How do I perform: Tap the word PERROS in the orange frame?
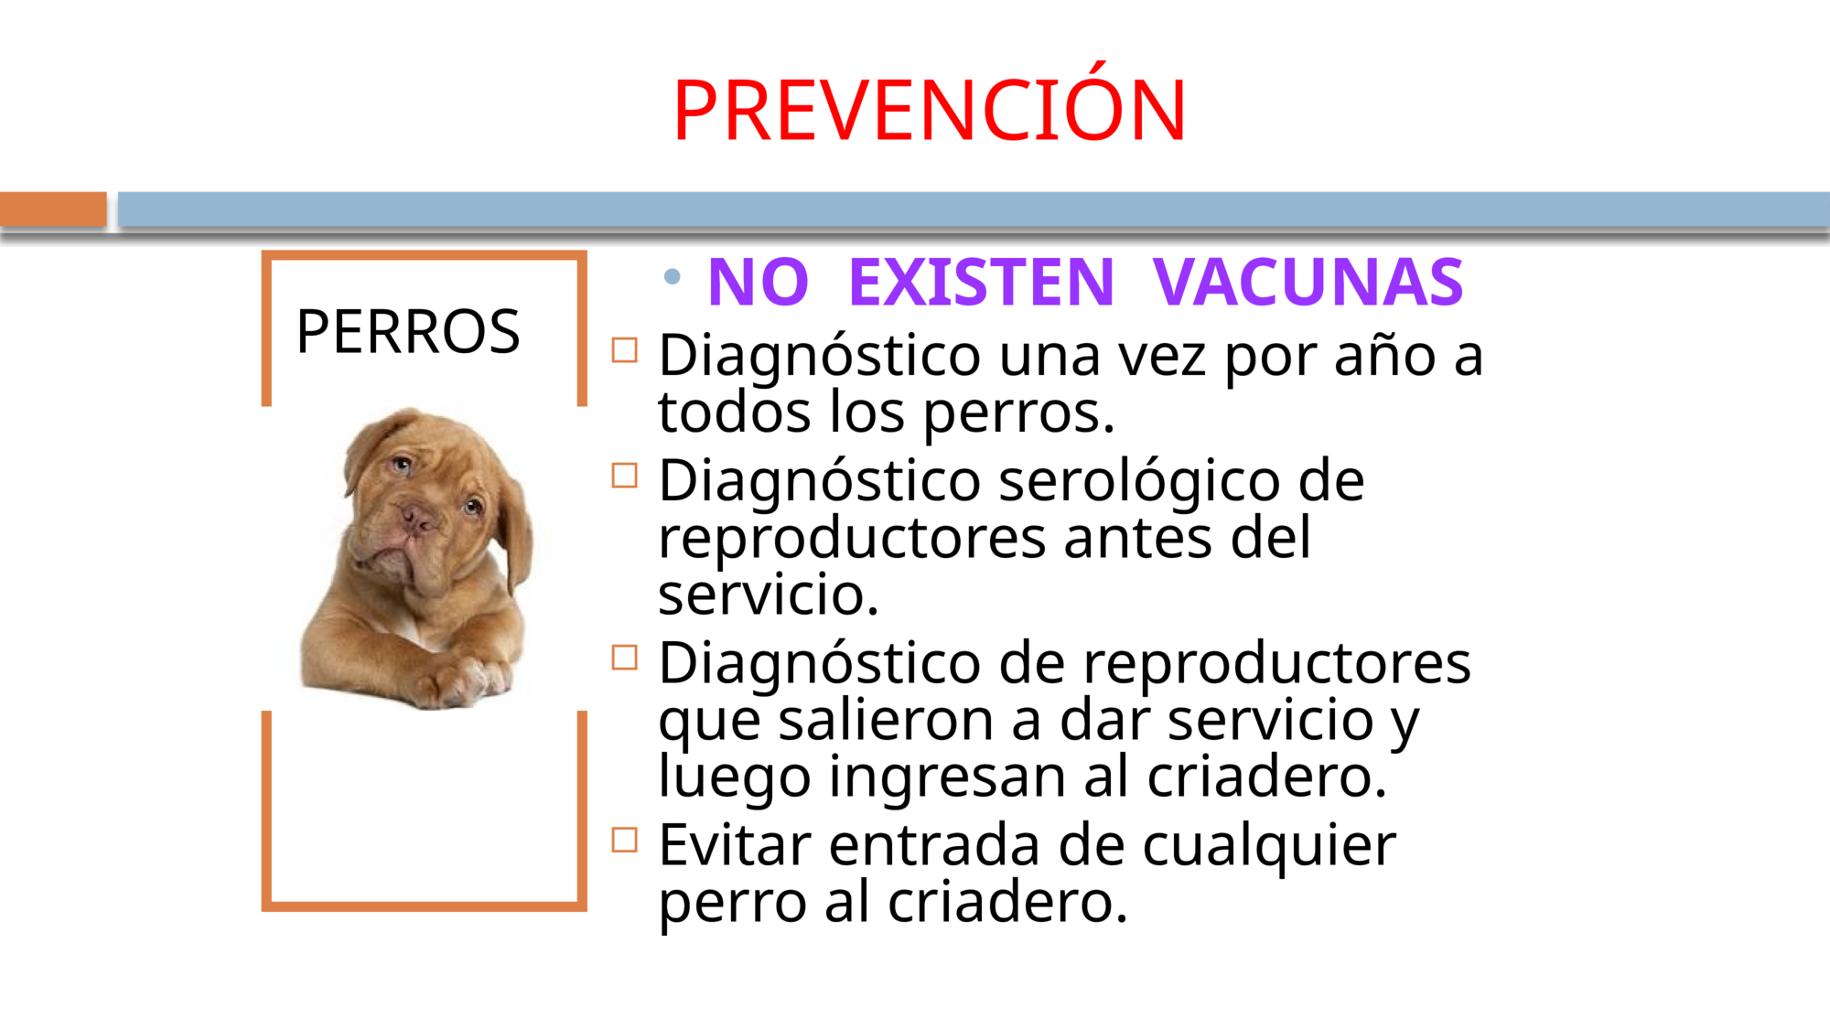408,331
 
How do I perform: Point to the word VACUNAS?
1308,282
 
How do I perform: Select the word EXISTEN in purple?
982,282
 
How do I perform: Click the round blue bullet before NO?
673,276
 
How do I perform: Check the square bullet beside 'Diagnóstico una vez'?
625,350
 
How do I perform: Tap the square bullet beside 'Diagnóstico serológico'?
625,476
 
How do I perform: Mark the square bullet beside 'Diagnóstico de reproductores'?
625,658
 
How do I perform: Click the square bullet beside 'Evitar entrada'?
625,840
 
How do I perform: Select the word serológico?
1139,483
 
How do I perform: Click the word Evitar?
735,844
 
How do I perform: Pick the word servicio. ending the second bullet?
769,595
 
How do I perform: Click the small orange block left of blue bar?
53,209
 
